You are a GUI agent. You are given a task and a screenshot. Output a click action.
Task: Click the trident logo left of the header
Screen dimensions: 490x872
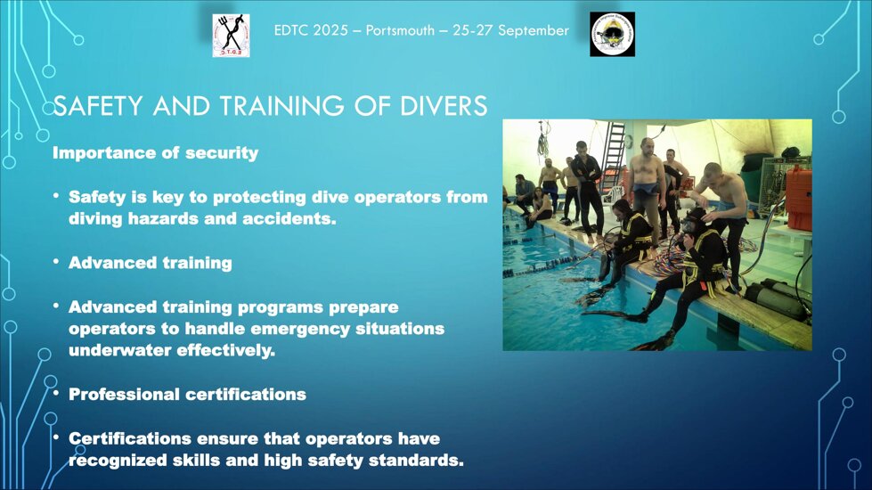pyautogui.click(x=231, y=36)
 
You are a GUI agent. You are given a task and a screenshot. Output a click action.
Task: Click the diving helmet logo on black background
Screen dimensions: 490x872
pyautogui.click(x=612, y=35)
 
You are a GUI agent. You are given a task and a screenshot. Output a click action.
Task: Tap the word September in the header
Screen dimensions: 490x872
pyautogui.click(x=533, y=30)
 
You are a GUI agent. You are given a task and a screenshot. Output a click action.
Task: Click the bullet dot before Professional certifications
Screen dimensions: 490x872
pyautogui.click(x=55, y=393)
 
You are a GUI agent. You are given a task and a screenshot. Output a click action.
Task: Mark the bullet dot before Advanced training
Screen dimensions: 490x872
pyautogui.click(x=55, y=262)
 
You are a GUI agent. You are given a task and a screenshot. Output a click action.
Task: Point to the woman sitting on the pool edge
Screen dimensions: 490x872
pyautogui.click(x=541, y=208)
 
